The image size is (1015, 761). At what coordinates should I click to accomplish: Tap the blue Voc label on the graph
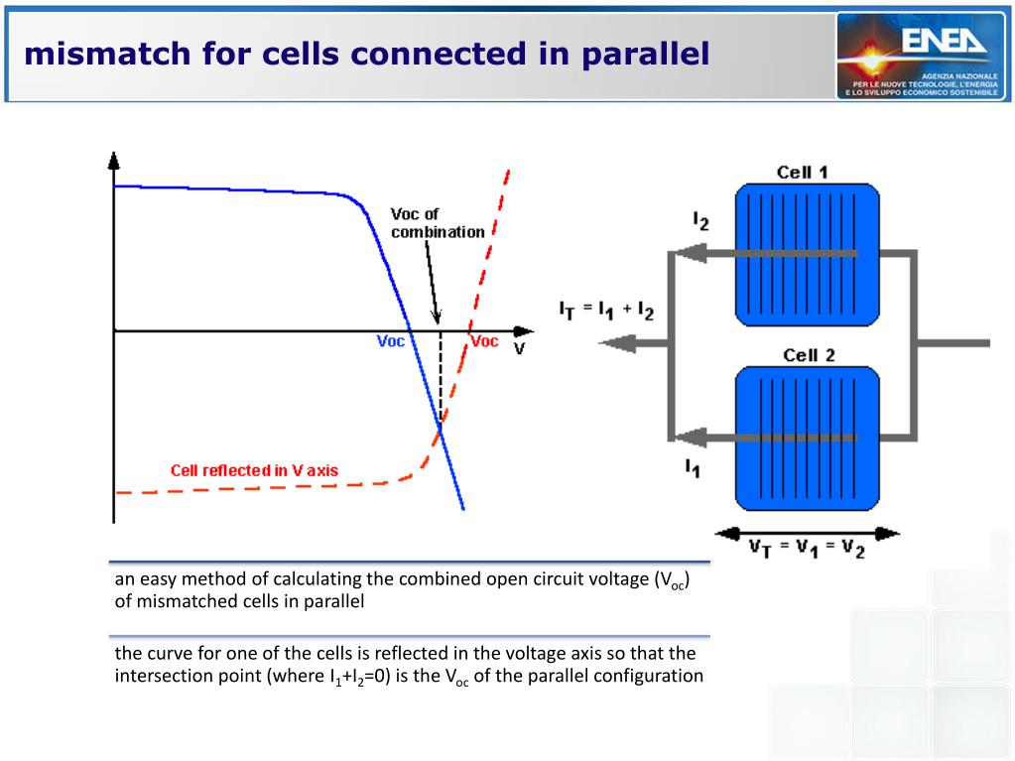click(x=391, y=341)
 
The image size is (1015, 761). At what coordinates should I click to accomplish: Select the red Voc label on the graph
click(x=484, y=341)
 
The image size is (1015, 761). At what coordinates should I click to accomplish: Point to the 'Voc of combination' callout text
click(x=437, y=223)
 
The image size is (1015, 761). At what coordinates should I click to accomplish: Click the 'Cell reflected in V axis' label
click(x=254, y=470)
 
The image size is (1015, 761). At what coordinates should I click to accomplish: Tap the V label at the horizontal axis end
click(x=519, y=349)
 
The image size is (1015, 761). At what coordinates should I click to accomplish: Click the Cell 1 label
click(x=803, y=173)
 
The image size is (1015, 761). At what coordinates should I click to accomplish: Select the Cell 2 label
click(x=809, y=355)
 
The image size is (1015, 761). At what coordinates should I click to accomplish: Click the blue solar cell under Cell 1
click(x=806, y=255)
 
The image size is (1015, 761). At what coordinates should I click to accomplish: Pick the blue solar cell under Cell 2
click(x=806, y=438)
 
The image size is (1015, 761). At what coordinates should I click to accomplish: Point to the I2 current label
click(x=700, y=221)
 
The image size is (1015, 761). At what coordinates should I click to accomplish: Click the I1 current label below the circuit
click(x=692, y=468)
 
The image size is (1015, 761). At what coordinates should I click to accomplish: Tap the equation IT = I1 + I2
click(x=606, y=311)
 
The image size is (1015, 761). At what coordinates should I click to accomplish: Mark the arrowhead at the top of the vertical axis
click(x=113, y=160)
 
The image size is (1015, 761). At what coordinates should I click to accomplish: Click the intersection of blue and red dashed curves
click(x=441, y=426)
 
